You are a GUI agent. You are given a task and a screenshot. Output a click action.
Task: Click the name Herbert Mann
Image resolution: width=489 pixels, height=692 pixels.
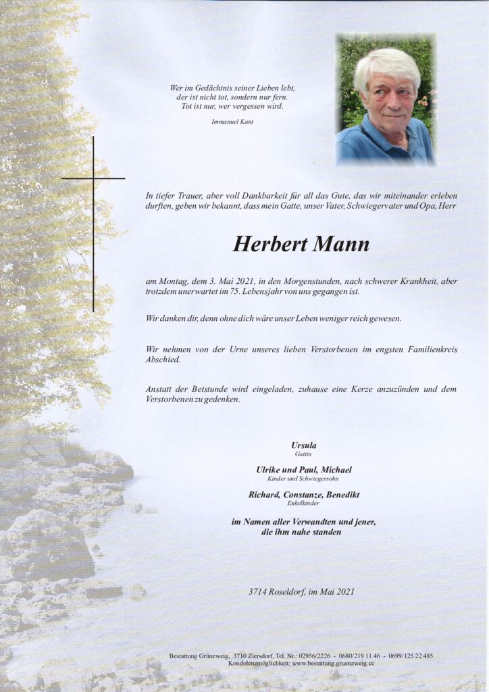301,244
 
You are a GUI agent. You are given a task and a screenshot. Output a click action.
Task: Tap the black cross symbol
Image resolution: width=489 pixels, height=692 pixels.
93,178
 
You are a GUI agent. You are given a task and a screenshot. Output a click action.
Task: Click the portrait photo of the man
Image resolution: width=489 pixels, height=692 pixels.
386,99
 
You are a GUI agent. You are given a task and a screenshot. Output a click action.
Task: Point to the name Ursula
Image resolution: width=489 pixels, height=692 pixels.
303,445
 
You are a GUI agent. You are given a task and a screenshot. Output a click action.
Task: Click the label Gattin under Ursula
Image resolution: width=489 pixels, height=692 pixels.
303,454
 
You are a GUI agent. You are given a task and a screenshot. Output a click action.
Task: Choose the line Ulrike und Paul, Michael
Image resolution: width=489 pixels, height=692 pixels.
303,470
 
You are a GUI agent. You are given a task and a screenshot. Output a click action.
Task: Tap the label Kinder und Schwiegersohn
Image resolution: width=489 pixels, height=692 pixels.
303,479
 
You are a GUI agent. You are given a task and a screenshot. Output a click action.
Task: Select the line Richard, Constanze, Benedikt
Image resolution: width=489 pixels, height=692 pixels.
303,495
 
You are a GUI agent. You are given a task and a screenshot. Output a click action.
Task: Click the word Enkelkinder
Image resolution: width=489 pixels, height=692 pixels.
303,503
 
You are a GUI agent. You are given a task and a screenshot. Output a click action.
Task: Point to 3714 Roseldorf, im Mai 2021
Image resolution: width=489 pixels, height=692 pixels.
301,592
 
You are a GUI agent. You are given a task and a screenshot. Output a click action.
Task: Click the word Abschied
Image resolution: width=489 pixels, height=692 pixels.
161,360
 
